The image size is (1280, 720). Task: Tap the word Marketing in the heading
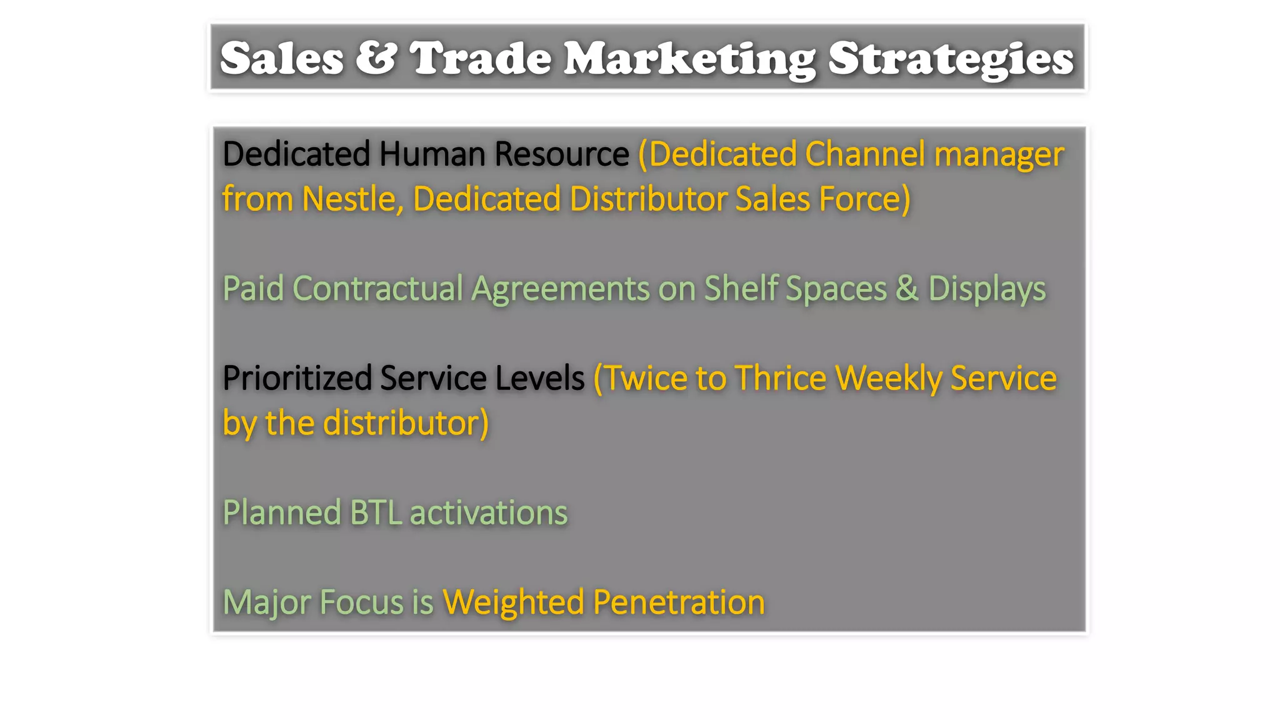[689, 58]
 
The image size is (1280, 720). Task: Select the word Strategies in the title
[951, 58]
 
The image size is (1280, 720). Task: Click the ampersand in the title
[376, 58]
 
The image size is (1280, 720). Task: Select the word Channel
[865, 154]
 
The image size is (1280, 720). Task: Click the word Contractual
[377, 289]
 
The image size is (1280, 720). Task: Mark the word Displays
[986, 289]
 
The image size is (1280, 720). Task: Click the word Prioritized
[297, 378]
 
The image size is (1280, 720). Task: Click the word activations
[488, 512]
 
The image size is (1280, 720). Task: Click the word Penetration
[678, 602]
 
